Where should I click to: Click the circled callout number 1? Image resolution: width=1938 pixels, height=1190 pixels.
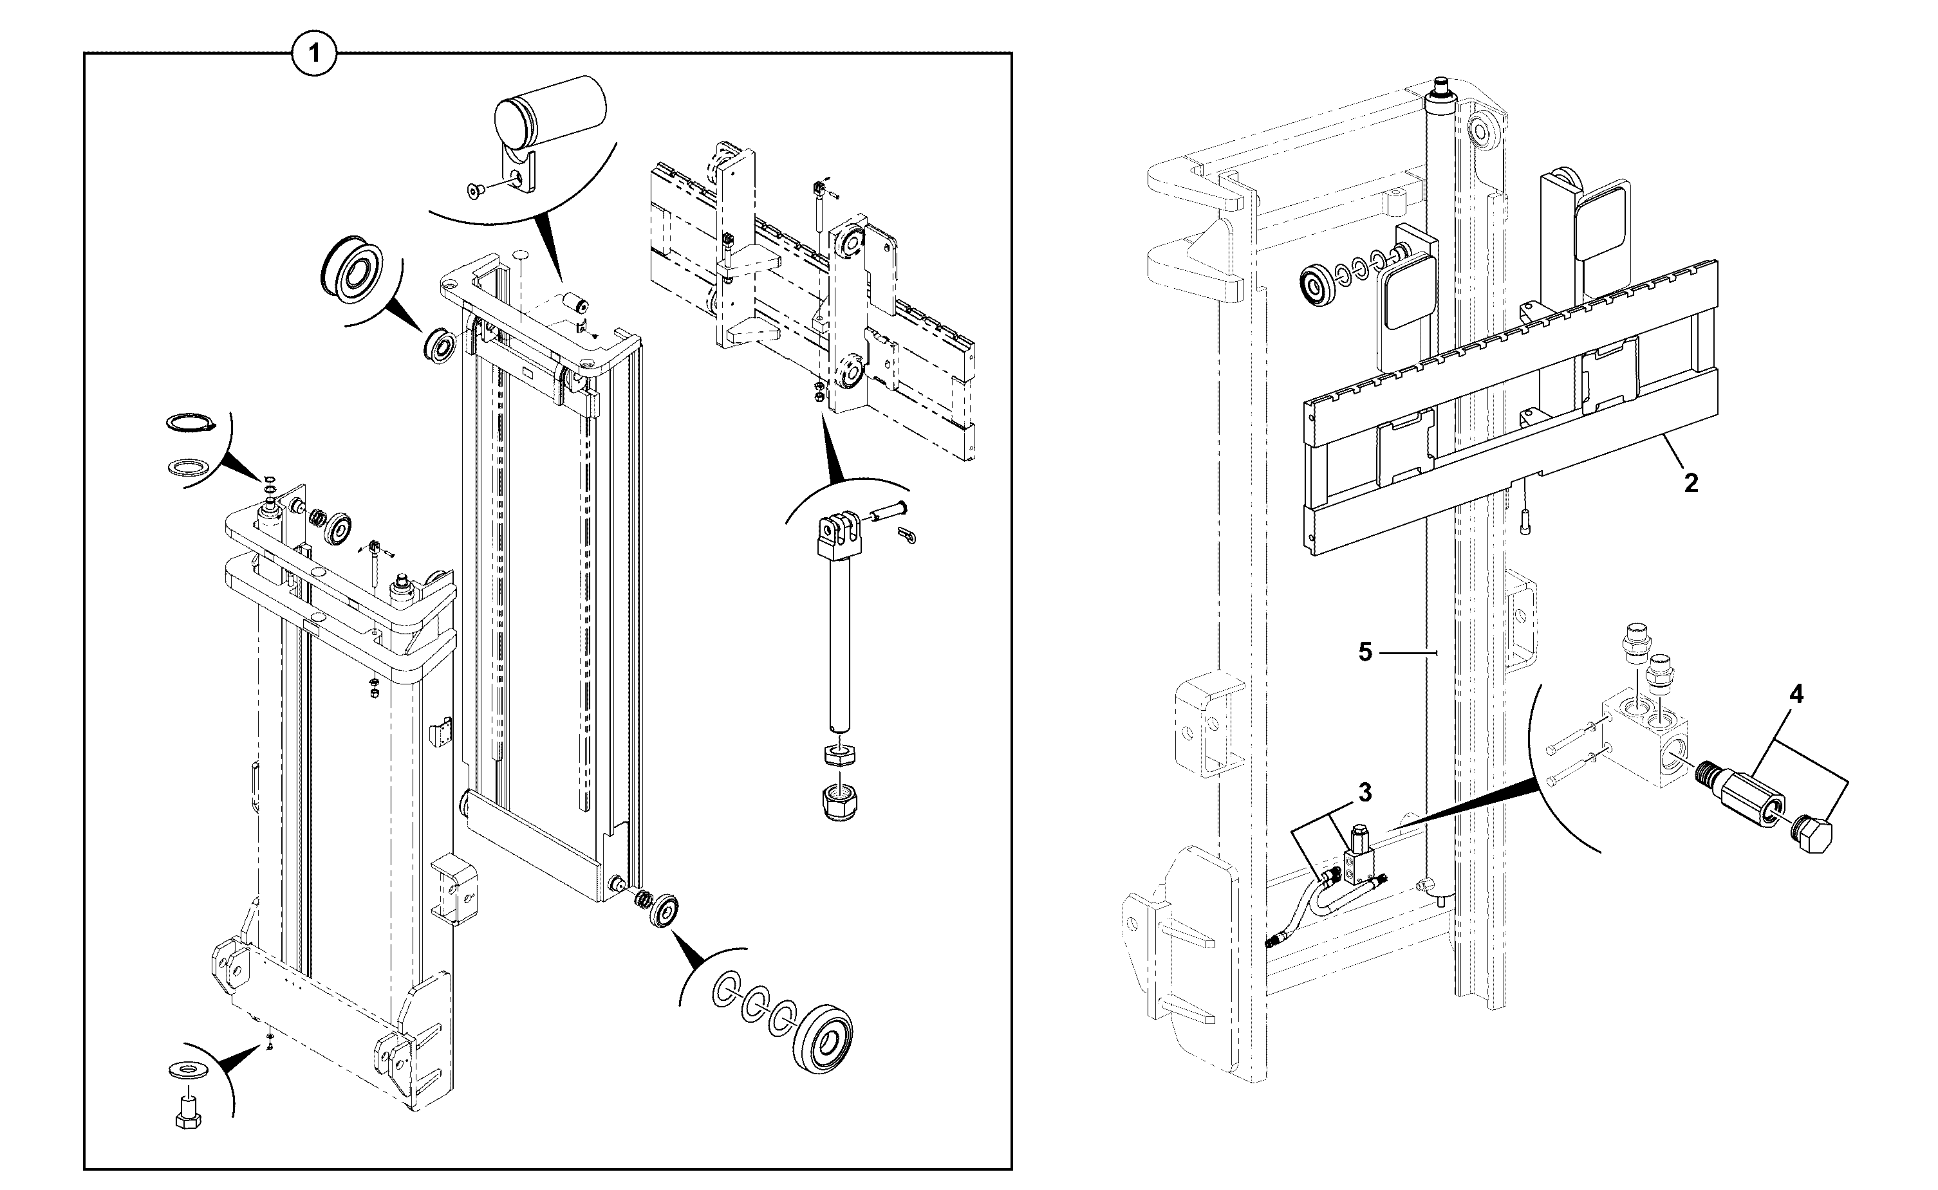tap(314, 54)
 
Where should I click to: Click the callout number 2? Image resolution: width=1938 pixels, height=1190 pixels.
tap(1691, 482)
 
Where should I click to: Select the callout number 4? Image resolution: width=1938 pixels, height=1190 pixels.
tap(1796, 694)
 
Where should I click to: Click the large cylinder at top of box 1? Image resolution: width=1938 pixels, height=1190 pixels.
tap(550, 113)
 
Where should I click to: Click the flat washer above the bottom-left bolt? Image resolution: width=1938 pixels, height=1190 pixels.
tap(187, 1070)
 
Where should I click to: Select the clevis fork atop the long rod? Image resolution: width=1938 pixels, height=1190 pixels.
tap(842, 535)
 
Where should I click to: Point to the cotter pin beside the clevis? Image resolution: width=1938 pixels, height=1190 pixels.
tap(906, 535)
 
